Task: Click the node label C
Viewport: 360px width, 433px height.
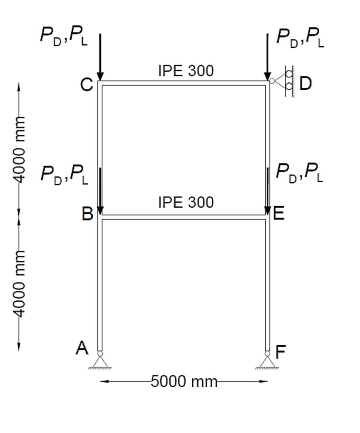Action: pyautogui.click(x=87, y=84)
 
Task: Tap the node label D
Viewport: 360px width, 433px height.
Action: pyautogui.click(x=305, y=83)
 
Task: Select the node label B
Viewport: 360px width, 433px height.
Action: pyautogui.click(x=87, y=214)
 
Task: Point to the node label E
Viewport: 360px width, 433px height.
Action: pyautogui.click(x=278, y=213)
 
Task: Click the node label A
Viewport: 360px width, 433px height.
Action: pyautogui.click(x=82, y=348)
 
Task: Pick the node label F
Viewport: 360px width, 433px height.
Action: pyautogui.click(x=280, y=352)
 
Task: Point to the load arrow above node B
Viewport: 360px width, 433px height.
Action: pyautogui.click(x=100, y=191)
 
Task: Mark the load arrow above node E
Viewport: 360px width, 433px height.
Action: pyautogui.click(x=267, y=191)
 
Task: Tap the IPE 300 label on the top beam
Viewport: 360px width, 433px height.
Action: pyautogui.click(x=186, y=71)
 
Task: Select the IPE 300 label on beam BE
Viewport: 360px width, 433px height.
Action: pyautogui.click(x=186, y=202)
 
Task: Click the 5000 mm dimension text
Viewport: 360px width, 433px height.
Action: pyautogui.click(x=184, y=381)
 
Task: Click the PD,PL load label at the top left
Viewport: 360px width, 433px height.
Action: pyautogui.click(x=64, y=36)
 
